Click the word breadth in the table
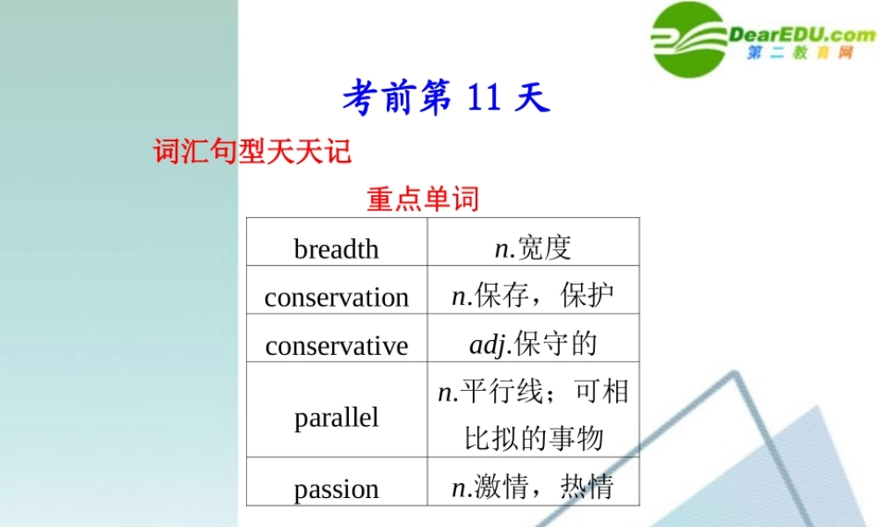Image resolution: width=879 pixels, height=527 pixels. [336, 249]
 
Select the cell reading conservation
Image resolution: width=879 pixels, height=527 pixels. [336, 297]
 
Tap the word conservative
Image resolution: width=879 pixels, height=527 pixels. [336, 345]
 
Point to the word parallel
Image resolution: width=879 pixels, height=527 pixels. [336, 416]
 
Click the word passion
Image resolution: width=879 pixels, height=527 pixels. [336, 488]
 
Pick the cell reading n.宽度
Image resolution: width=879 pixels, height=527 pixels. [533, 248]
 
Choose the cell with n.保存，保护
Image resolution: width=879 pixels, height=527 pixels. [533, 296]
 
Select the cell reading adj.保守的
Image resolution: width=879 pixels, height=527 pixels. [533, 343]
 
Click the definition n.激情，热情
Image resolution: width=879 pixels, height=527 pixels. [533, 487]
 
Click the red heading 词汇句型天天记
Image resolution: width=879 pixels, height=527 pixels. [252, 151]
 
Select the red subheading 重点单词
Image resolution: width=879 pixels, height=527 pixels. [423, 199]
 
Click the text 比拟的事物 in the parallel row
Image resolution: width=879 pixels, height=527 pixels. [533, 438]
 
